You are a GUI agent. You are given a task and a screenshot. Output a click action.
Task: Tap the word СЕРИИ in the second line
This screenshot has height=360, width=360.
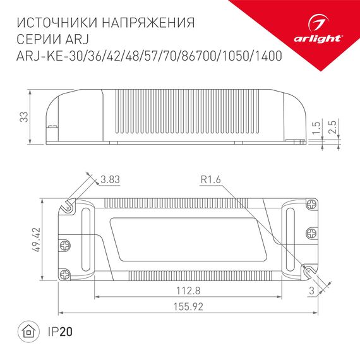[36, 39]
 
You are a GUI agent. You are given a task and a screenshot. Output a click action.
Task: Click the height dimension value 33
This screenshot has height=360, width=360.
[23, 117]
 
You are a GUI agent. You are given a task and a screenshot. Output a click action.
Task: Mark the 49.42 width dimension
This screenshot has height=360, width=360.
[37, 241]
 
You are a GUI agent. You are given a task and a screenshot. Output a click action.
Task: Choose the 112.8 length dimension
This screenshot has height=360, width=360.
[189, 291]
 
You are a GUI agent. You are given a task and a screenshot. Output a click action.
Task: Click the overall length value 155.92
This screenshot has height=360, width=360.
[189, 307]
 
